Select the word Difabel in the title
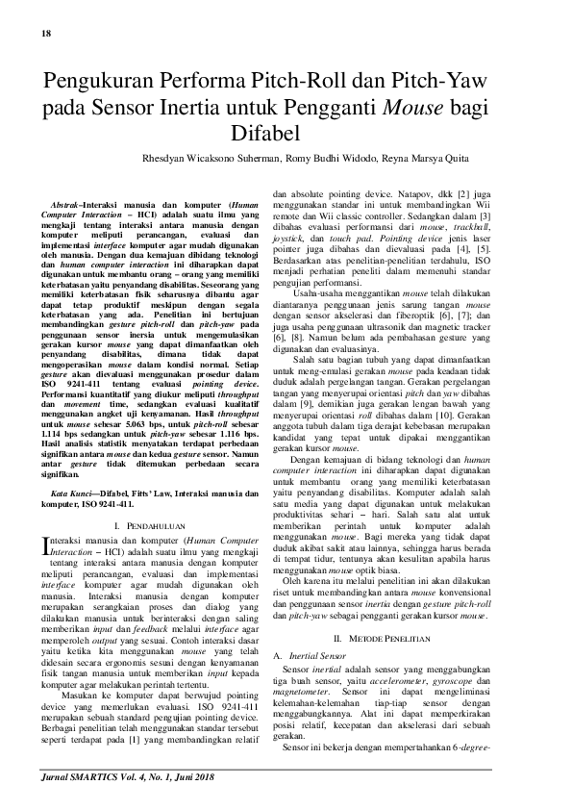[x=286, y=132]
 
